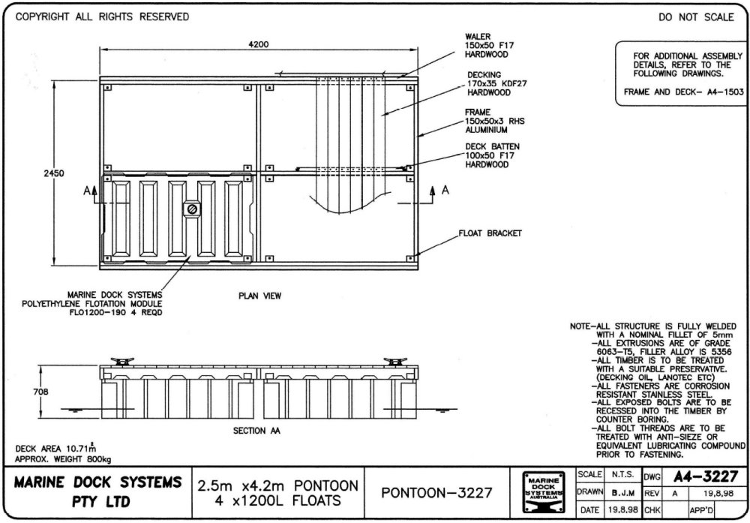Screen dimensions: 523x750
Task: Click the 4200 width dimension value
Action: [259, 44]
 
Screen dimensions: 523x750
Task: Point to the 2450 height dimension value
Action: [55, 173]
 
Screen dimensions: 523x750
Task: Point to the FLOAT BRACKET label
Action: [490, 233]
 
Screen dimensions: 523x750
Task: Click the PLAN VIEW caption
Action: [260, 296]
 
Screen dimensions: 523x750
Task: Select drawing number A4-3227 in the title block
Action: [705, 476]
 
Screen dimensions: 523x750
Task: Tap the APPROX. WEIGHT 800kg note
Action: [63, 459]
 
